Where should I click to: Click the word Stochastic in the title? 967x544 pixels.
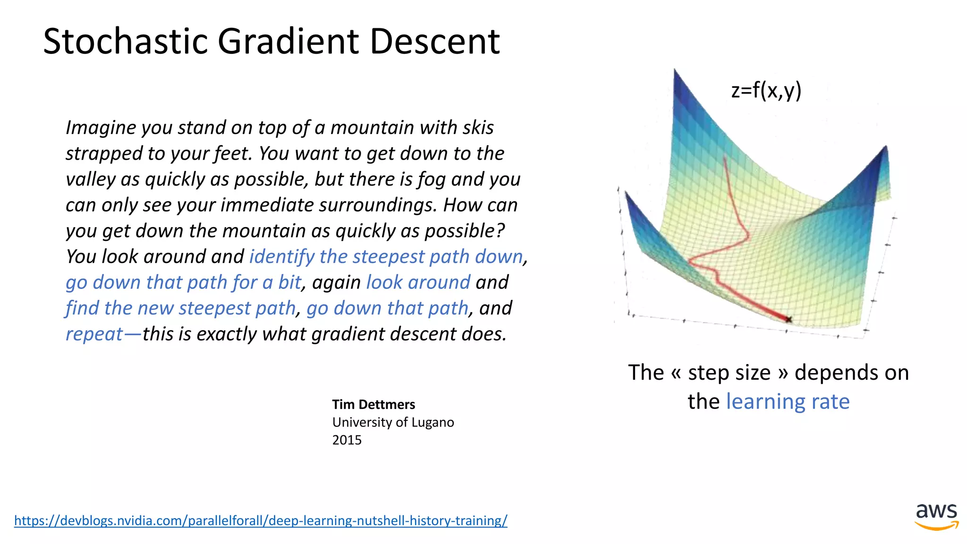click(125, 42)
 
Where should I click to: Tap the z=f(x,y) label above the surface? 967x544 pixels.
click(766, 90)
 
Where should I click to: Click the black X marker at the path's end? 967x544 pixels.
click(789, 320)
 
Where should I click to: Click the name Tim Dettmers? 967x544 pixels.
click(373, 405)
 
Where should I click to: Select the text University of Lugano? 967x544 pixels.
click(393, 422)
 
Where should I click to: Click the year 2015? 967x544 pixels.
click(347, 440)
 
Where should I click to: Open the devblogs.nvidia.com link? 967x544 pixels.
click(261, 520)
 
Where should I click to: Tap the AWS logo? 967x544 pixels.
click(936, 516)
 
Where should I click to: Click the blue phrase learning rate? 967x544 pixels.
click(788, 402)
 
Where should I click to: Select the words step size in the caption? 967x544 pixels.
click(729, 373)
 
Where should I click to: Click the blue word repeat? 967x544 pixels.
click(94, 334)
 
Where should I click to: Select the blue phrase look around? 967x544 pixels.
click(418, 282)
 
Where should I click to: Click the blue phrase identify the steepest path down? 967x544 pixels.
click(386, 256)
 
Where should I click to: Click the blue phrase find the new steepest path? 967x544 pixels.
click(180, 308)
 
